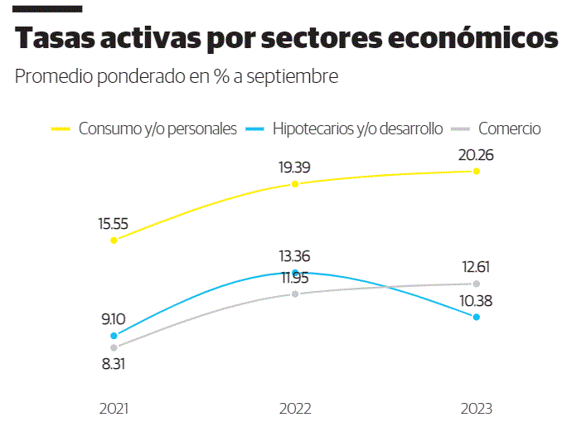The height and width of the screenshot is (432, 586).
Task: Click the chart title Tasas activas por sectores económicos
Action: pos(286,39)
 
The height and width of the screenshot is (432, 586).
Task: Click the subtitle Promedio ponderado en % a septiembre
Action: pos(177,77)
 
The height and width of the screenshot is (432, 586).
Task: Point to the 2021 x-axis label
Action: pos(114,409)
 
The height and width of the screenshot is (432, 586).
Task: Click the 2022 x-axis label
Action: pos(295,409)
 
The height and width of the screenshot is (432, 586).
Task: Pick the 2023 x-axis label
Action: pos(476,409)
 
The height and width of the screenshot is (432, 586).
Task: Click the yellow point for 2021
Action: pos(114,240)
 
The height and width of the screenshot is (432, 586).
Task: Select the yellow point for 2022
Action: pos(295,184)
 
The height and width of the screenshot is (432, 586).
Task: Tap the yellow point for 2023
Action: pos(476,171)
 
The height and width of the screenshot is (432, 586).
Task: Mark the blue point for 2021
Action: pos(114,336)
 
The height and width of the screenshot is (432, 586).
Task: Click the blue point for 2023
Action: pos(476,317)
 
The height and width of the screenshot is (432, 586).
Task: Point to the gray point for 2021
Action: pos(114,347)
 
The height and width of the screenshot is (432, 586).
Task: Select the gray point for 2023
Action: pos(476,284)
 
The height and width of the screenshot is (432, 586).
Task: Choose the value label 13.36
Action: pos(295,255)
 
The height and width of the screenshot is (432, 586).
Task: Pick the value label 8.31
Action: pos(114,364)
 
